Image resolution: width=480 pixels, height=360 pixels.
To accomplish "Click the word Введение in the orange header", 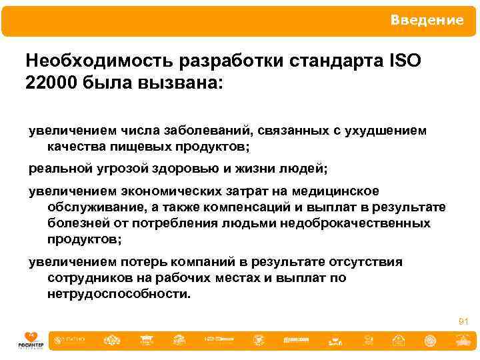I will [x=427, y=20].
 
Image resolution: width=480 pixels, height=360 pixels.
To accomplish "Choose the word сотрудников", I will [x=91, y=277].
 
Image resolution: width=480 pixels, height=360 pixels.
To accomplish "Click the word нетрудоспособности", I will [x=119, y=293].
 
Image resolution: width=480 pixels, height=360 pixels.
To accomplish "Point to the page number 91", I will [x=464, y=322].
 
